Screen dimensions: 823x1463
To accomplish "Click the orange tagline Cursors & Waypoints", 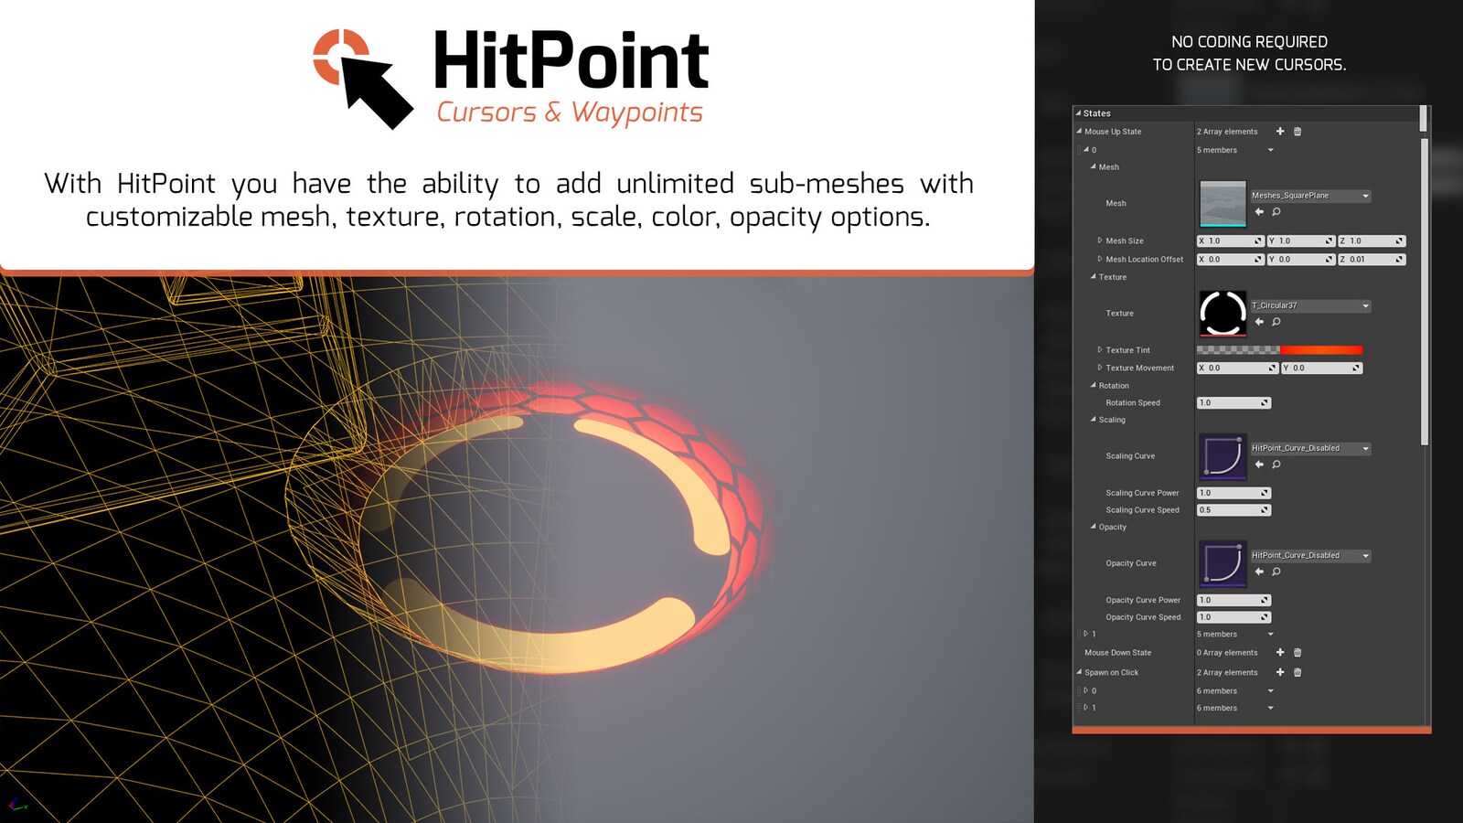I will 570,112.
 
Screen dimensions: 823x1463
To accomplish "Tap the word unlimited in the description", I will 675,184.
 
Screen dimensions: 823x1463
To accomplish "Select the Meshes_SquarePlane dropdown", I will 1310,196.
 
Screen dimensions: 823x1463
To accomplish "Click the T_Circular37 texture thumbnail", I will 1223,314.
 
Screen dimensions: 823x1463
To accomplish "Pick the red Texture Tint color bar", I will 1321,350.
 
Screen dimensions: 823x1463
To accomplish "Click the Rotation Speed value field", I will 1233,403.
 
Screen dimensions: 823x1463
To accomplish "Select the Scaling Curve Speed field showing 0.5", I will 1233,510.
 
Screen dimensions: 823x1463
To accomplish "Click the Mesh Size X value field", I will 1230,241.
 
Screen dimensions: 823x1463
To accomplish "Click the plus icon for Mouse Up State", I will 1280,132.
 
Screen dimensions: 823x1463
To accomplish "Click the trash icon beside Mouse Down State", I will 1297,653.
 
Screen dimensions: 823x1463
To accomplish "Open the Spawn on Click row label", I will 1111,673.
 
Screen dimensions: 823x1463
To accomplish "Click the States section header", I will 1097,113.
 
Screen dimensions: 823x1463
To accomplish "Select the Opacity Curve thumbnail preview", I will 1223,563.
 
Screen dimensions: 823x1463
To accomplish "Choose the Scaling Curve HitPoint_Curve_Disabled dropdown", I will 1310,449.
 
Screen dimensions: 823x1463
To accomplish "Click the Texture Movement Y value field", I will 1321,369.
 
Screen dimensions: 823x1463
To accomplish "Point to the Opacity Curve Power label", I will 1143,601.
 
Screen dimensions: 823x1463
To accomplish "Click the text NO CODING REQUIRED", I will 1249,42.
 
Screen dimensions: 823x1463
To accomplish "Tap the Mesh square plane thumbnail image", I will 1223,203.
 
